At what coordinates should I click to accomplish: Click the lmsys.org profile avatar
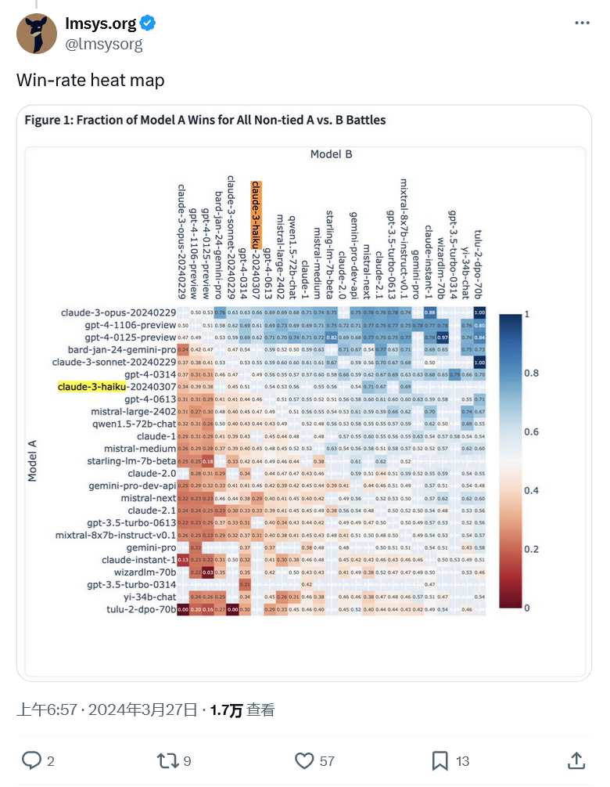[x=37, y=34]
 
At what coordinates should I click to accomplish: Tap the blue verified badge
[x=147, y=23]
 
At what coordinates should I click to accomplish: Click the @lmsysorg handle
[x=104, y=44]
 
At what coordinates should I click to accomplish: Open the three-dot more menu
[x=582, y=23]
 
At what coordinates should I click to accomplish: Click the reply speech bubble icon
[x=30, y=760]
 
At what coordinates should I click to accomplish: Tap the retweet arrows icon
[x=167, y=760]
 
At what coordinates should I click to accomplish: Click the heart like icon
[x=304, y=760]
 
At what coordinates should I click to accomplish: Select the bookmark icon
[x=440, y=760]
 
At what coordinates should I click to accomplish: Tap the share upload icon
[x=576, y=760]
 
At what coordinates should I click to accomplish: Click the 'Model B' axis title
[x=331, y=154]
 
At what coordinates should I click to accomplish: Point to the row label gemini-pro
[x=152, y=547]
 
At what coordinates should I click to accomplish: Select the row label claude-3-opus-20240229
[x=119, y=313]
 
